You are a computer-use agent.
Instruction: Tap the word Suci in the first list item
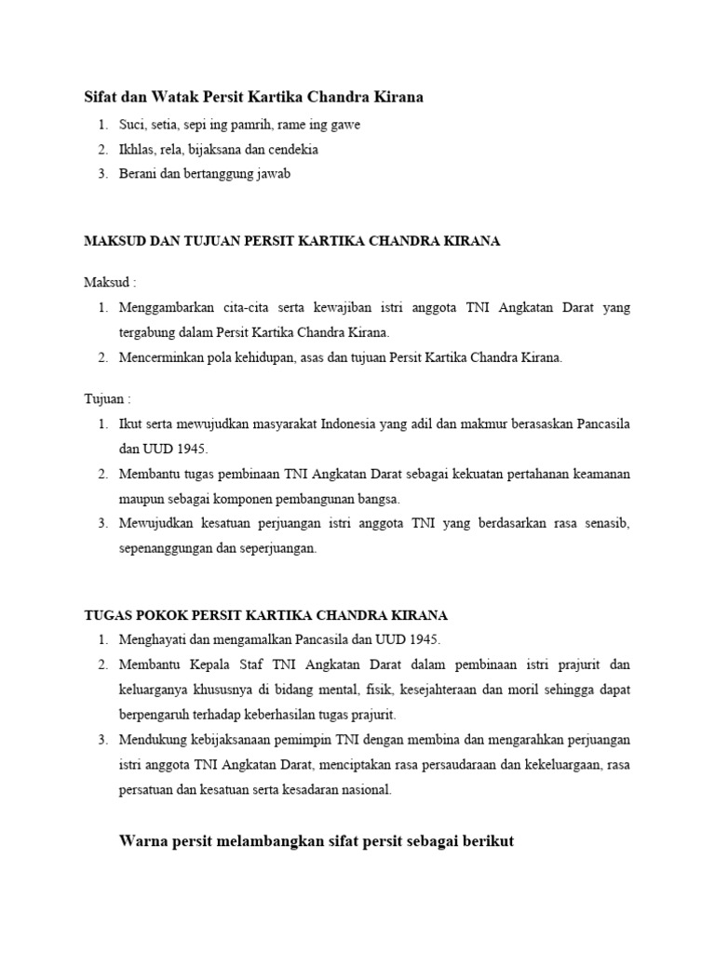[132, 124]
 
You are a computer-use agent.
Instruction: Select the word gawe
[344, 125]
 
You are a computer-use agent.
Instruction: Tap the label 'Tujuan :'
[108, 398]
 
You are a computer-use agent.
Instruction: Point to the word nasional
[367, 790]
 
